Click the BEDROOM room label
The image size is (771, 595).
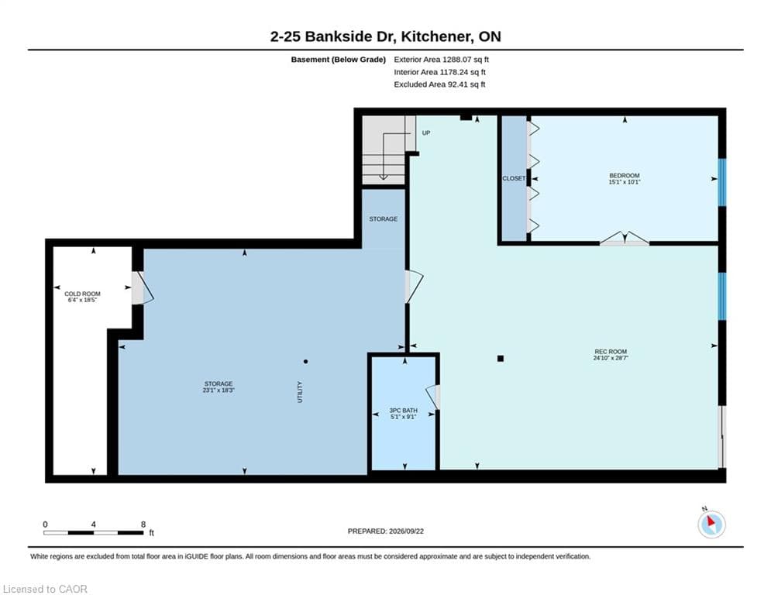coord(625,176)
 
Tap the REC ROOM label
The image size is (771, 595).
coord(611,352)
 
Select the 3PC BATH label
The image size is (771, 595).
coord(403,410)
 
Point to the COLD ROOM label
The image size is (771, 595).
coord(83,294)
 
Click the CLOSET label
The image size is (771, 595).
coord(514,178)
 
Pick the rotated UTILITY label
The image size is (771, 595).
coord(300,392)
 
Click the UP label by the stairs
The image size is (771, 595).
coord(426,132)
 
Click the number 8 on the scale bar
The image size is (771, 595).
coord(143,524)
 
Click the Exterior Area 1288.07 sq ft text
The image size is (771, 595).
coord(441,60)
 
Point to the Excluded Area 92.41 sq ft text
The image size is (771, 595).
coord(439,84)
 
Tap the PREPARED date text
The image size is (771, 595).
coord(386,531)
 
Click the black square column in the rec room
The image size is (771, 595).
coord(501,359)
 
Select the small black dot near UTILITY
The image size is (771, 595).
coord(306,362)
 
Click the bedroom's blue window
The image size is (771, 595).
coord(722,182)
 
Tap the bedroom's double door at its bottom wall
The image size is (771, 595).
coord(625,238)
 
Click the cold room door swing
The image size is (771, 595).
coord(143,288)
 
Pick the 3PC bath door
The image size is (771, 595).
coord(432,397)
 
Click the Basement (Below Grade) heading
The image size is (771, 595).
coord(339,60)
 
